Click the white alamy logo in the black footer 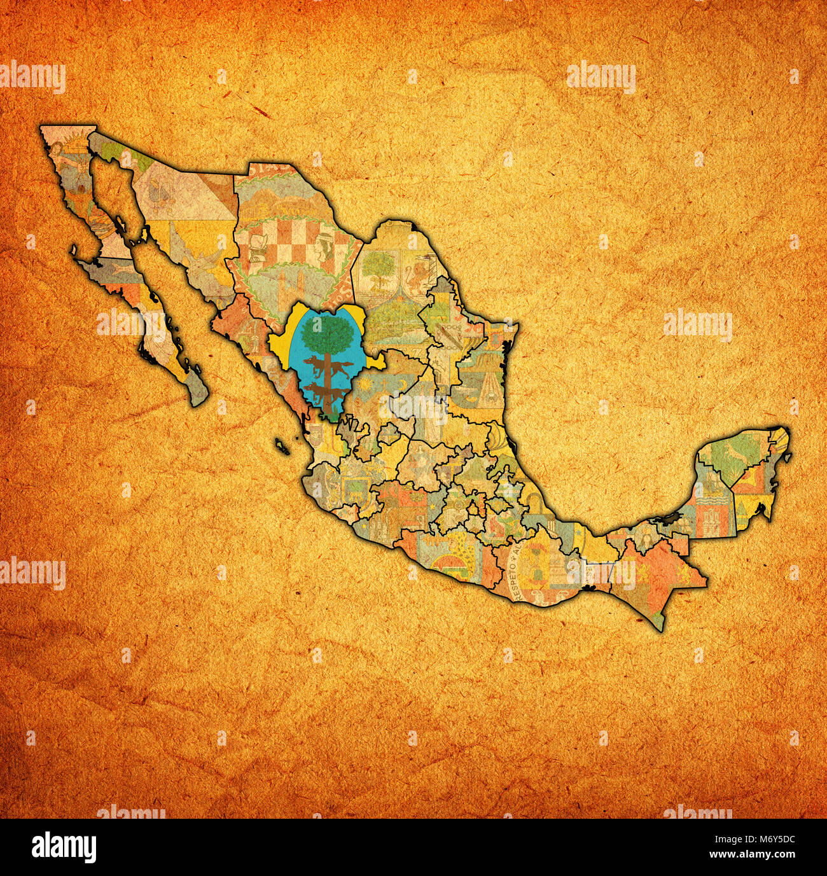pos(64,847)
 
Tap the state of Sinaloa pos(251,350)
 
